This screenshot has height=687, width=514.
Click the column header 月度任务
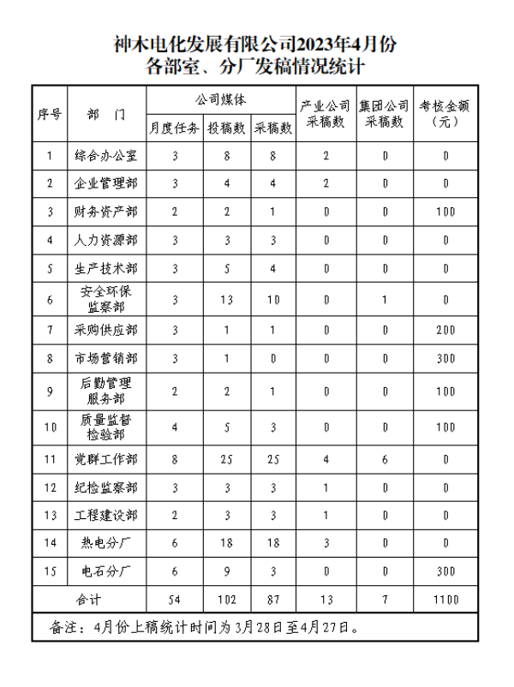click(x=175, y=128)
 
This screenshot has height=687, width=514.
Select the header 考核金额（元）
click(x=445, y=113)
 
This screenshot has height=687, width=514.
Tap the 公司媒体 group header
click(x=221, y=99)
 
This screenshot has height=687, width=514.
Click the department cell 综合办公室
click(x=105, y=156)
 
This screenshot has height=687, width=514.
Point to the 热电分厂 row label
click(x=105, y=542)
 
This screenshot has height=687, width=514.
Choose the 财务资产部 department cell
click(x=105, y=211)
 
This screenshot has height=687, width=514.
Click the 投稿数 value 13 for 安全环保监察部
click(x=227, y=299)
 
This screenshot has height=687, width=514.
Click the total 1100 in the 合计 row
click(x=445, y=599)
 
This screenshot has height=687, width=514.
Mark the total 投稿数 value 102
click(x=227, y=599)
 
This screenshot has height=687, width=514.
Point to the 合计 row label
click(x=89, y=599)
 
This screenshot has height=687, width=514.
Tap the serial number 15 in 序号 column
click(x=51, y=571)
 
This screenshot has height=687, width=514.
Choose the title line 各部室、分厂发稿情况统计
click(x=256, y=66)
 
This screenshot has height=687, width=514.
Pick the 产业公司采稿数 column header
click(x=326, y=113)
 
